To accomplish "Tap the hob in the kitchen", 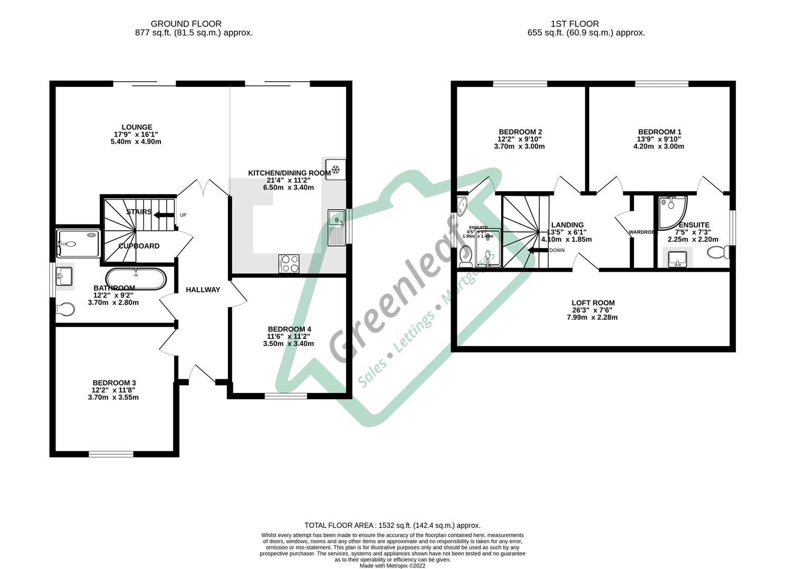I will (289, 263).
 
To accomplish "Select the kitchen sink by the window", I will (336, 227).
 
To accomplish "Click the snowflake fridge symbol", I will (334, 169).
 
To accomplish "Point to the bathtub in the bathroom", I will (136, 279).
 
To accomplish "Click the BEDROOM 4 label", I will (289, 329).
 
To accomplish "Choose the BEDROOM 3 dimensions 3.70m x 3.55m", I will (114, 397).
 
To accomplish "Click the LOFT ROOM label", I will (593, 303).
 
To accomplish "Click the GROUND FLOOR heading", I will (186, 24).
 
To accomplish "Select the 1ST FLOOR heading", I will (575, 24).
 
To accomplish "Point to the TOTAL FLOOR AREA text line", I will (392, 525).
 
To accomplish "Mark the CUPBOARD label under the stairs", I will (139, 246).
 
